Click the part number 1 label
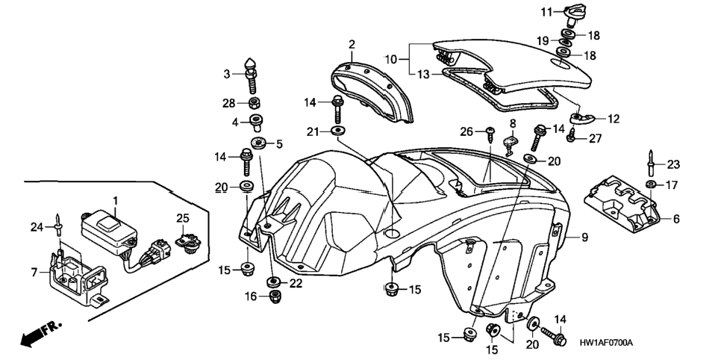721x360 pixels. [x=116, y=201]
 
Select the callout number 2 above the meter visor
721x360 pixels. [x=352, y=45]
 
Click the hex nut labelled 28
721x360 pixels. [x=255, y=102]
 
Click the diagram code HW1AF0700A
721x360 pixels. [x=606, y=343]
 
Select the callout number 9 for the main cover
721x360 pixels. [x=584, y=238]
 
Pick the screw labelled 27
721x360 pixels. [x=571, y=136]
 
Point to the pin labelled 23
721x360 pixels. [x=652, y=163]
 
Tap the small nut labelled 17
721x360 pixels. [x=650, y=184]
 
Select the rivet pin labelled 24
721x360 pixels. [x=58, y=226]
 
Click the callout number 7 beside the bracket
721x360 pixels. [x=34, y=272]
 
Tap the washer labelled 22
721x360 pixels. [x=272, y=281]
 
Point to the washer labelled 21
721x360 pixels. [x=338, y=131]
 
